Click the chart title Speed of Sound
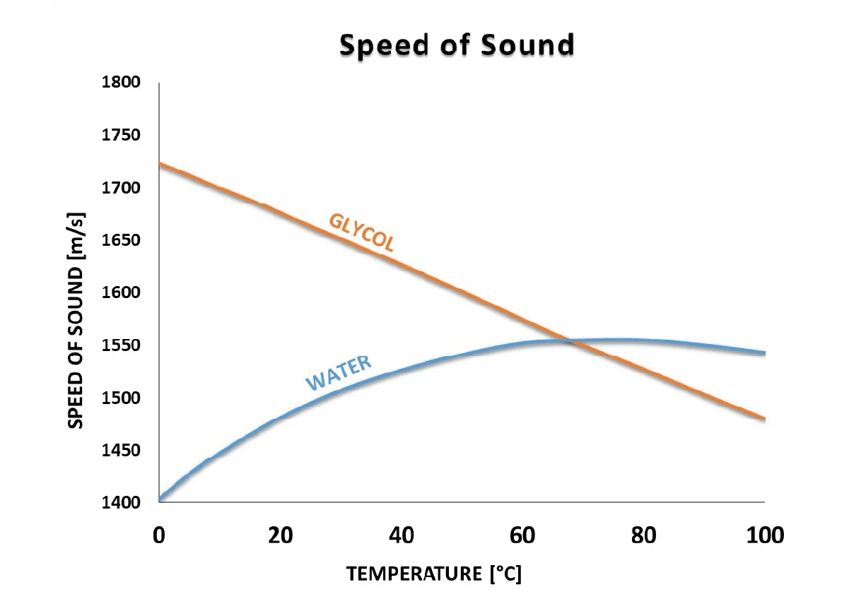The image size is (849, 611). click(x=457, y=45)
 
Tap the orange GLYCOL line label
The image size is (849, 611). click(x=361, y=232)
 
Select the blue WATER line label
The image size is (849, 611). click(x=338, y=374)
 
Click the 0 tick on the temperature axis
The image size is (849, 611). click(x=159, y=535)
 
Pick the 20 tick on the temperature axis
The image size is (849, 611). click(x=281, y=535)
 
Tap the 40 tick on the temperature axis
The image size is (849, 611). click(x=402, y=535)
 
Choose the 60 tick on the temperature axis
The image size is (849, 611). click(x=523, y=535)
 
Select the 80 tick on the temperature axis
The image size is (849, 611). click(x=644, y=535)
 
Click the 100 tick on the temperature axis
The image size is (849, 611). click(x=764, y=535)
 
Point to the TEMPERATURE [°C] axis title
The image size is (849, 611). click(x=434, y=574)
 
